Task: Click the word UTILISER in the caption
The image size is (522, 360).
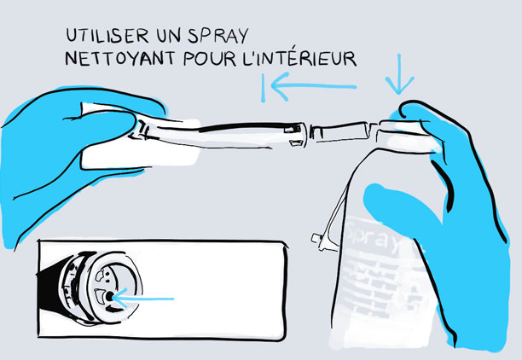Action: point(107,37)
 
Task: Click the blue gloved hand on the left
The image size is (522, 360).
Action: point(43,162)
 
